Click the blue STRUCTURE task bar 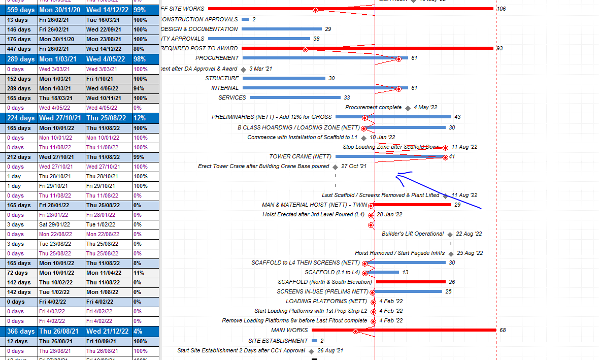coord(284,78)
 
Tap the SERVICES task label coord(232,97)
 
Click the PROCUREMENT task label coord(217,58)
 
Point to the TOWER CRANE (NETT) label coord(300,156)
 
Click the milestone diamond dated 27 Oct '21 coord(335,167)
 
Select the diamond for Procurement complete coord(408,108)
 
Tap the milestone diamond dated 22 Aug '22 coord(450,234)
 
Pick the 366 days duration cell coord(21,331)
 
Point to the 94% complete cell coord(140,88)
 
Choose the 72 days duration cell coord(18,273)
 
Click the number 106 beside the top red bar coord(501,9)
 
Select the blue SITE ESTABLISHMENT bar coord(314,341)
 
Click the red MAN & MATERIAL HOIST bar coord(411,205)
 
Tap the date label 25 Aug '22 coord(470,253)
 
